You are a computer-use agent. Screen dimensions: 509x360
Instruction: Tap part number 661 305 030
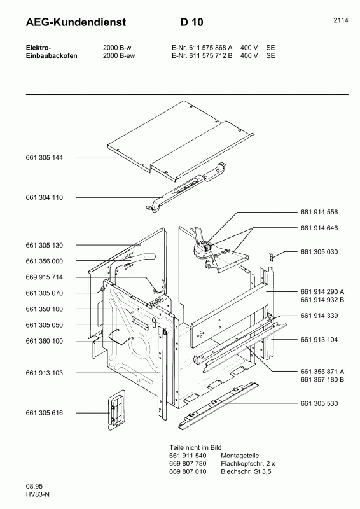(319, 252)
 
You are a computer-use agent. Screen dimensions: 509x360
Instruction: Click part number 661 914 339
(319, 316)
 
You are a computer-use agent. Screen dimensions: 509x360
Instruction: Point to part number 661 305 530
(319, 403)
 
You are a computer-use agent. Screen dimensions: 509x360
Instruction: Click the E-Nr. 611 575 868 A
(202, 48)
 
